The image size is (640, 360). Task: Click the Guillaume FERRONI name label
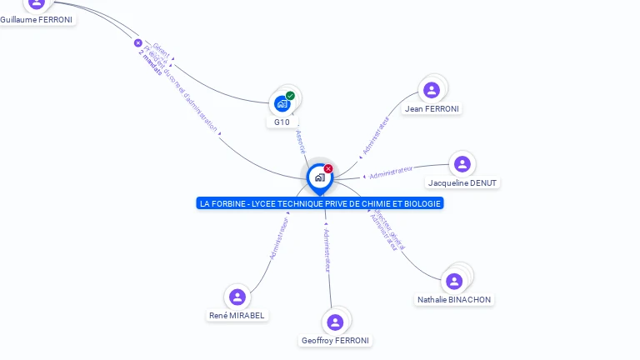37,19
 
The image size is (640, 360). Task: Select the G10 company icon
282,104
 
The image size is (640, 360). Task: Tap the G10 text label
282,122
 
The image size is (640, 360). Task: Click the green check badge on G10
290,96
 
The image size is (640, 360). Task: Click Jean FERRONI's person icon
432,90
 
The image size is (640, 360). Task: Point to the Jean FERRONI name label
432,108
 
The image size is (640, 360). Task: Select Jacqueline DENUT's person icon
462,164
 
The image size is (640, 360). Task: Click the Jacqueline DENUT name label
462,182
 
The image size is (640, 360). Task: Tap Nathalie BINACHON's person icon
454,282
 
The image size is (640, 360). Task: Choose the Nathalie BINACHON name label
454,299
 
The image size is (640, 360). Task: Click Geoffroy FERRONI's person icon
335,322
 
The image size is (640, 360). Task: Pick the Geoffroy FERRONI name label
335,340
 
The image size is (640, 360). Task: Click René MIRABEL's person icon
237,297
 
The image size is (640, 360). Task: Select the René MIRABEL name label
237,316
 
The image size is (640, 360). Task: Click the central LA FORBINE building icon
319,177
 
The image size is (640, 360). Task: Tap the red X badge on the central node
328,169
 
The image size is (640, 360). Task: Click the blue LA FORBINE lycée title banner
320,203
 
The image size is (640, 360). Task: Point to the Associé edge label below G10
300,141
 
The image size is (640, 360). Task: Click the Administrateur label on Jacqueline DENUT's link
391,172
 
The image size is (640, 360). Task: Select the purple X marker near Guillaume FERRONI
138,43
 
